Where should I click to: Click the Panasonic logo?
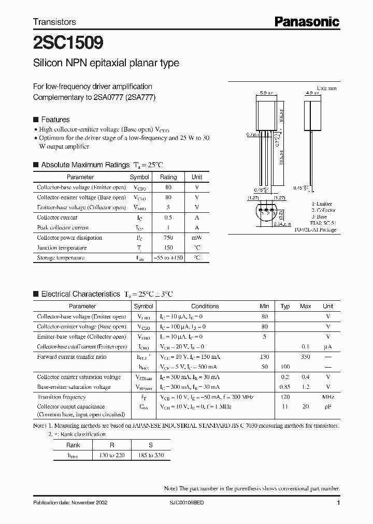click(307, 21)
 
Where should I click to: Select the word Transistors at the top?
click(54, 22)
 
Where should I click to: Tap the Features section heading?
click(55, 120)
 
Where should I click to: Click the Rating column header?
click(168, 177)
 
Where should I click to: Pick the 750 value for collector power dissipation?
click(168, 238)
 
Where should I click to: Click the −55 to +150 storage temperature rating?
click(168, 258)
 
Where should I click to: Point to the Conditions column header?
click(205, 306)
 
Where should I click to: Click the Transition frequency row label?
click(61, 397)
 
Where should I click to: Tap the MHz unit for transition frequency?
click(328, 397)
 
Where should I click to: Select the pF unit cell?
click(328, 407)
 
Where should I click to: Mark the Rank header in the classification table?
click(73, 445)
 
